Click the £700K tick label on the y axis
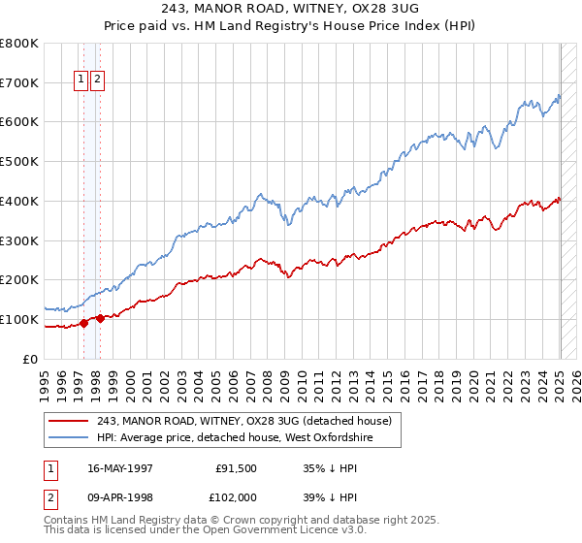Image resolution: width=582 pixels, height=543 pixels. click(19, 83)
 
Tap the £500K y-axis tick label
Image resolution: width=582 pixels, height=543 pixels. click(19, 162)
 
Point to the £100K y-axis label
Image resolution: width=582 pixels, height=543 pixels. click(19, 319)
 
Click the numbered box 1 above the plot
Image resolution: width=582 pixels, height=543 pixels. click(82, 81)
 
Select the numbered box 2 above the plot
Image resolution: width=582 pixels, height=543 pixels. click(98, 81)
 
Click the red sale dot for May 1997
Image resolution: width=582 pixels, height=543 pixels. click(84, 323)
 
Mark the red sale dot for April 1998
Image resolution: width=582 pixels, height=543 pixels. click(100, 317)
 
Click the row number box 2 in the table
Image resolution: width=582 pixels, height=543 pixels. click(50, 498)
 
